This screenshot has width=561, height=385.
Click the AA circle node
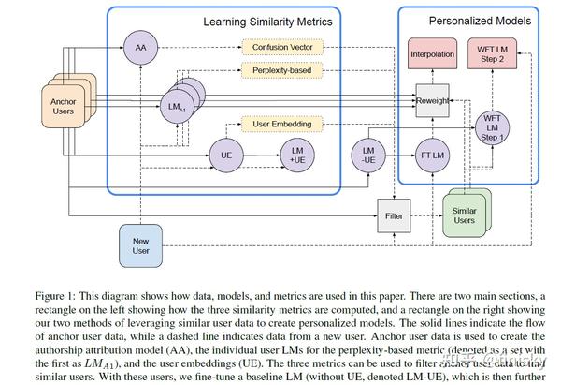click(141, 47)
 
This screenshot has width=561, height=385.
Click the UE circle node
click(224, 155)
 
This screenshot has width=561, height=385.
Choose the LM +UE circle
click(297, 155)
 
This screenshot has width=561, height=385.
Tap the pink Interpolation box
click(432, 55)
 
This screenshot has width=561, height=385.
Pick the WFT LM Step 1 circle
click(491, 128)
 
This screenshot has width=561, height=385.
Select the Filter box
click(393, 215)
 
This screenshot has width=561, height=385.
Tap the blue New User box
click(141, 246)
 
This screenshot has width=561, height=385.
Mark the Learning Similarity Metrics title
click(267, 21)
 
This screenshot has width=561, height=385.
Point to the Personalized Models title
click(480, 20)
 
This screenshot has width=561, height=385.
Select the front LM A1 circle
click(174, 109)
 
